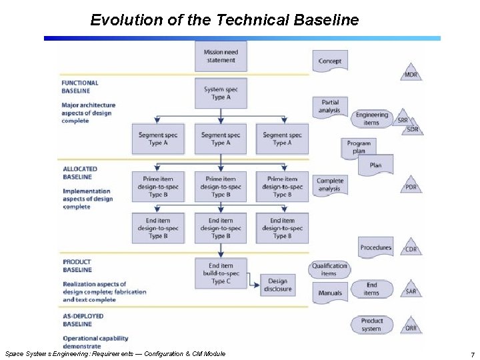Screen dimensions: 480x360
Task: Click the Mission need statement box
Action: coord(220,56)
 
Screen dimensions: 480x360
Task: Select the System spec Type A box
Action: coord(220,93)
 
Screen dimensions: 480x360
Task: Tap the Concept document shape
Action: coord(330,61)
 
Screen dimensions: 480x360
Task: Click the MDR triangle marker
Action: coord(411,73)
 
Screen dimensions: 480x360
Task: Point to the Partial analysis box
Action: coord(330,106)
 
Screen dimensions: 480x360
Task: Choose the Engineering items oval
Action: coord(371,118)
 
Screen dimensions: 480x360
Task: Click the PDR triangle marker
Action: coord(411,186)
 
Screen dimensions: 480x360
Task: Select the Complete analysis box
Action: coord(330,185)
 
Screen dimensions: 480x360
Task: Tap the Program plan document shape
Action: coord(359,147)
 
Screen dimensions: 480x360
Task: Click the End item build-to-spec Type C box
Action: coord(220,273)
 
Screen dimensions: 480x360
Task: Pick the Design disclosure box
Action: coord(277,285)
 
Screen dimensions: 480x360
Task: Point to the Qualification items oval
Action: coord(329,269)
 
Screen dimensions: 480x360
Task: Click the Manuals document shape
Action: coord(330,293)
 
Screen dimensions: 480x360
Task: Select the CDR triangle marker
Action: coord(411,248)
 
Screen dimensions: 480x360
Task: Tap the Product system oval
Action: coord(372,325)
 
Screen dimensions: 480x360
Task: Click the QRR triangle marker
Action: coord(411,327)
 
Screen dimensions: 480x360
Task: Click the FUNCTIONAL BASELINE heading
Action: coord(80,87)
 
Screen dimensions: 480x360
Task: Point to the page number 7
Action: coord(472,355)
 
